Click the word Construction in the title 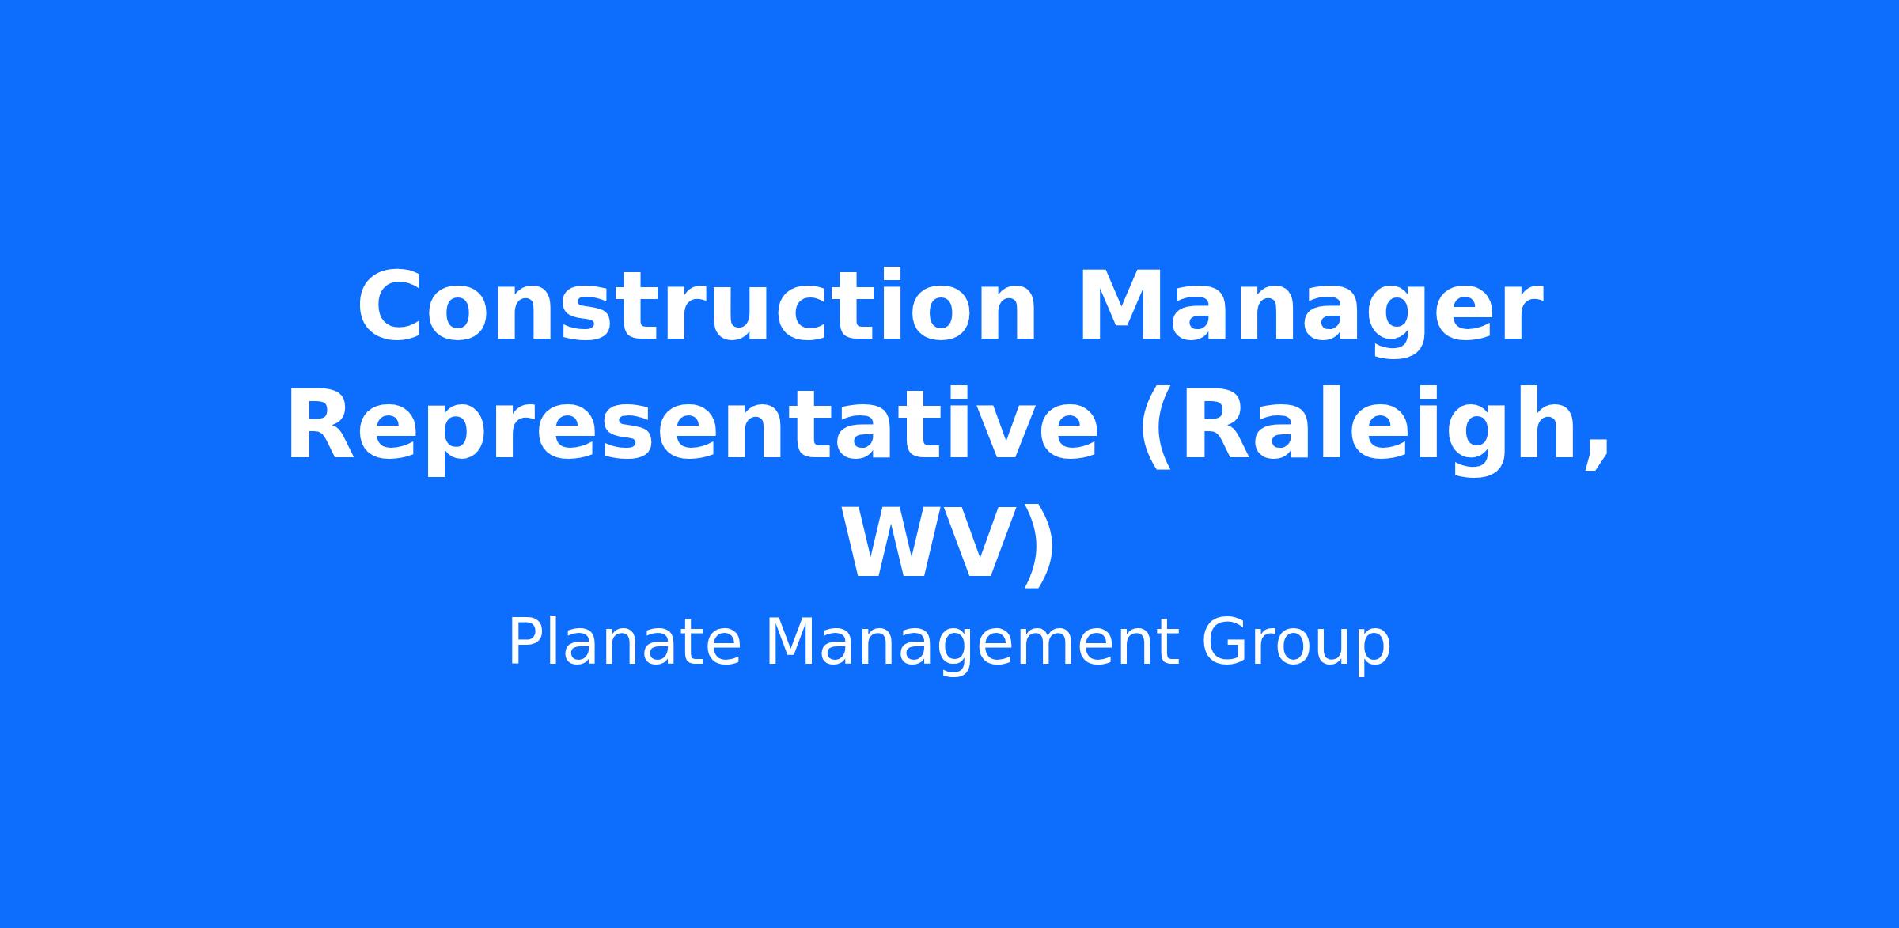[696, 307]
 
